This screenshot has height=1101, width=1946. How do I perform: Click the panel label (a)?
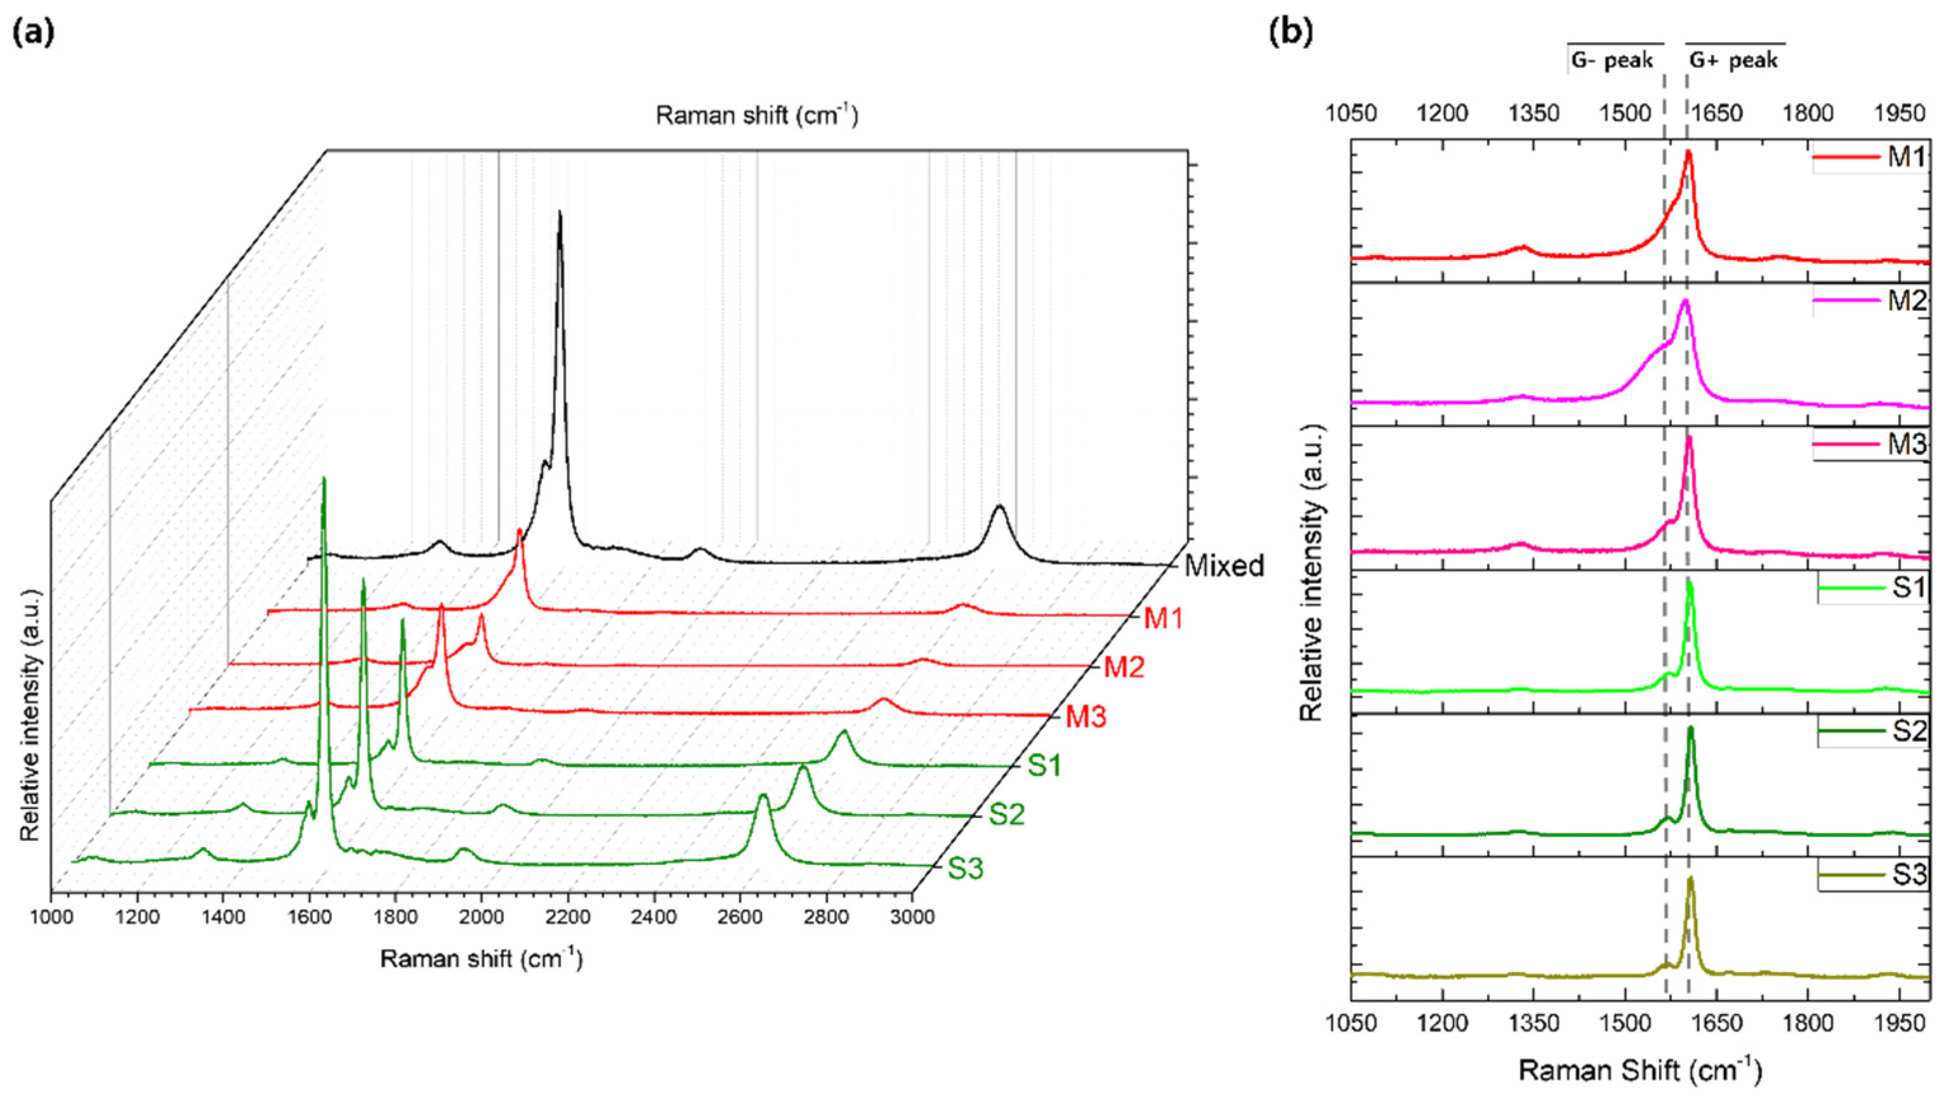(33, 34)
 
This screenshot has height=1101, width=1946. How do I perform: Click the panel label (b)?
(1291, 34)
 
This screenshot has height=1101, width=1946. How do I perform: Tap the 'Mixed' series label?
(1224, 565)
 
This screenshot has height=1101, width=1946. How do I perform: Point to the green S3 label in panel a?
(965, 869)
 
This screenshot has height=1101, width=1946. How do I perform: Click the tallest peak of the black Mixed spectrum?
(560, 214)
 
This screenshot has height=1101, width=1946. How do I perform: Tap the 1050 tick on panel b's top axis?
(1350, 113)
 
